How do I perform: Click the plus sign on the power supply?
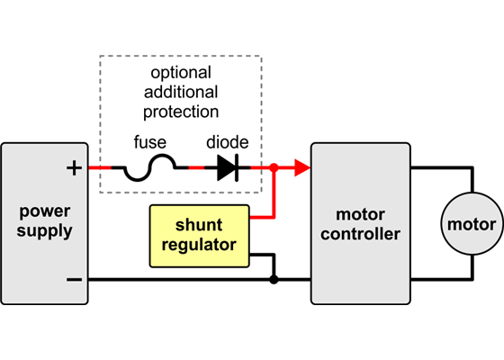click(74, 167)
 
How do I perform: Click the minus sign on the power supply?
click(74, 279)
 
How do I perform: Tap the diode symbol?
click(227, 168)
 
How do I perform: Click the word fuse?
click(149, 143)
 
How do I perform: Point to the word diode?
click(226, 143)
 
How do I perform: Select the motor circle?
click(472, 224)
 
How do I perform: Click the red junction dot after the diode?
click(274, 167)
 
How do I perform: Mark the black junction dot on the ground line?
click(274, 279)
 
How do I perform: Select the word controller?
click(360, 235)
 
